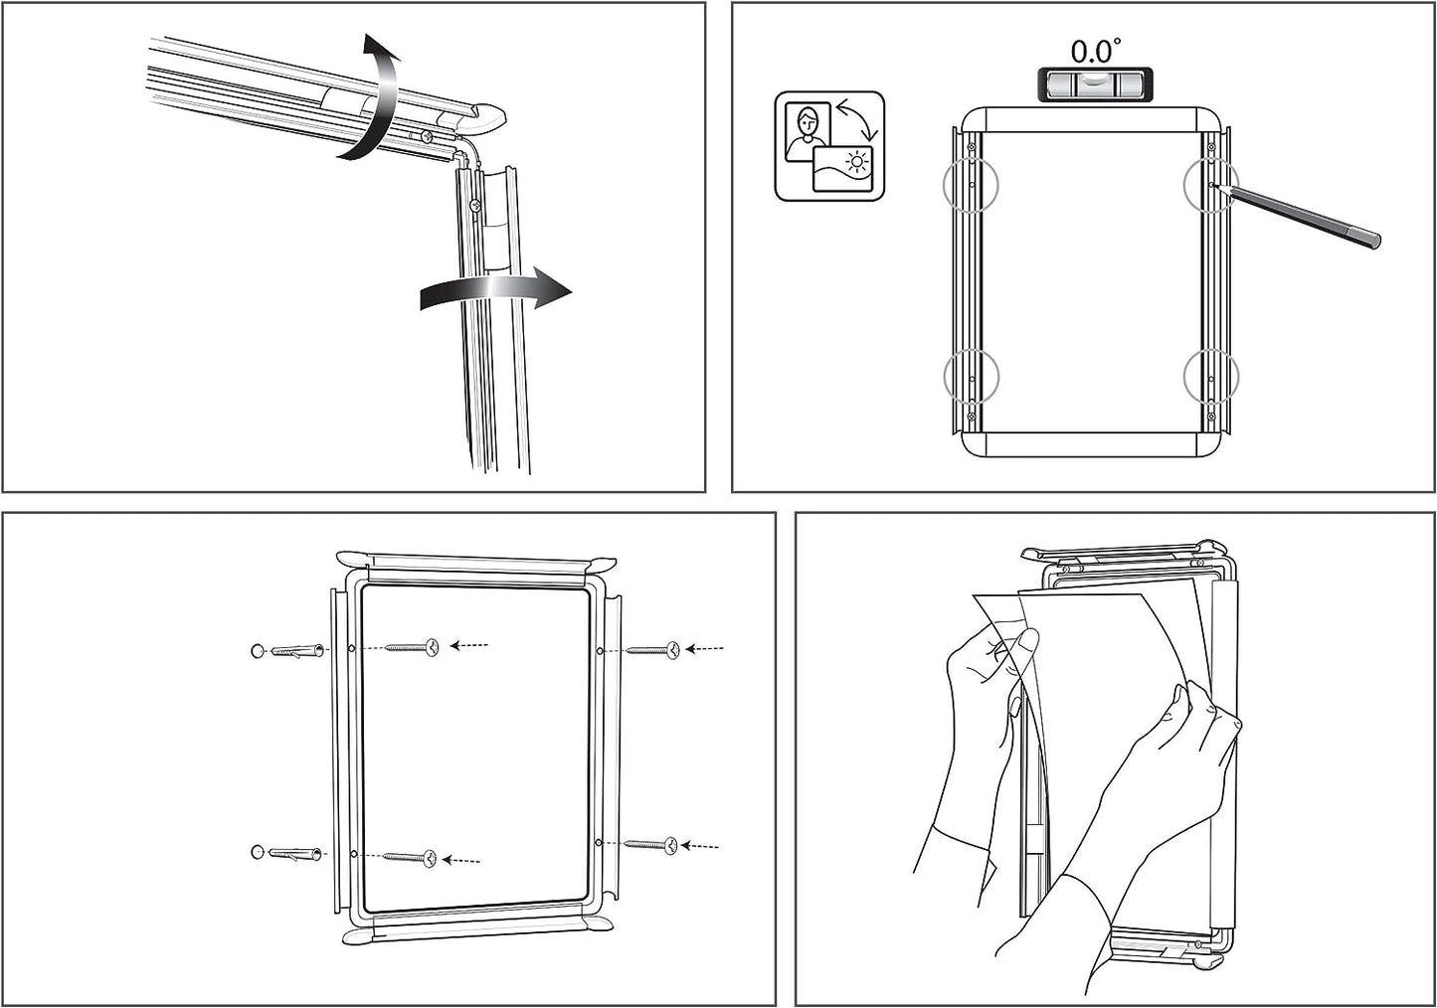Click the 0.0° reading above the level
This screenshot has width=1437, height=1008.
1094,50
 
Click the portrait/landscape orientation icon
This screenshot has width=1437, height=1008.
829,146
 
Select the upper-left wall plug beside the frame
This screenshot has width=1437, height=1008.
295,651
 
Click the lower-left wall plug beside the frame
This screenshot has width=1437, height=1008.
295,854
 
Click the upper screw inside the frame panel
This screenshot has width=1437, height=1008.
413,647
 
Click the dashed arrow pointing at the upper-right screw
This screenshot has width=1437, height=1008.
705,648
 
